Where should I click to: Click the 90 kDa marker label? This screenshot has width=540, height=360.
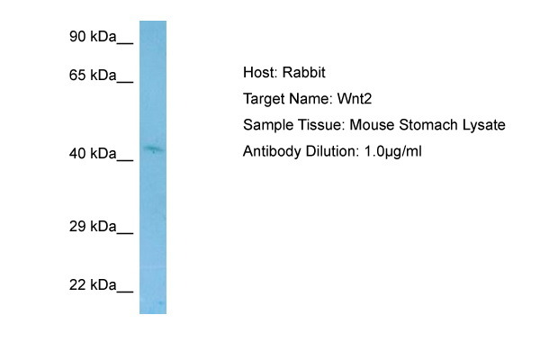click(x=93, y=37)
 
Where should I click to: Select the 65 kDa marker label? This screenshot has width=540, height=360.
click(x=93, y=75)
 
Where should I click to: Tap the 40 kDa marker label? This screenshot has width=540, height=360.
click(x=93, y=153)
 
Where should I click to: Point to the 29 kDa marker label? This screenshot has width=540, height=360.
click(x=93, y=226)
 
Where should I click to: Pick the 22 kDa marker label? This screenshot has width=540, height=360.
click(x=93, y=285)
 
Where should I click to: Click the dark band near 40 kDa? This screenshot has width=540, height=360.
click(x=153, y=149)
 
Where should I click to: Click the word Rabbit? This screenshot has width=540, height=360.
click(x=304, y=72)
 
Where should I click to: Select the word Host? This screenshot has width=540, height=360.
click(x=260, y=72)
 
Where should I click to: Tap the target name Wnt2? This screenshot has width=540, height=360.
click(x=355, y=99)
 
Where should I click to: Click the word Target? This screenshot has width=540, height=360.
click(x=263, y=99)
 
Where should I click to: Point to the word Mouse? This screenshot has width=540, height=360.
click(x=372, y=125)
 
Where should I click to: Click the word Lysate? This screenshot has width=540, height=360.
click(x=484, y=125)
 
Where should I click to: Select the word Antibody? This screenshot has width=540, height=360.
click(x=272, y=151)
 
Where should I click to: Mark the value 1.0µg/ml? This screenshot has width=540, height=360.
click(x=393, y=152)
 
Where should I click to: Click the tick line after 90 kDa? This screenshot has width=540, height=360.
click(x=125, y=43)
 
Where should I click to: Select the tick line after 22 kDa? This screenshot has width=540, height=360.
click(x=125, y=292)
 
